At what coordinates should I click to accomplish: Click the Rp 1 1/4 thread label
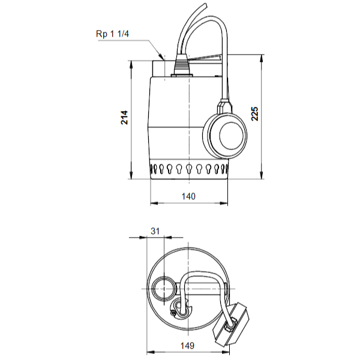pyautogui.click(x=113, y=34)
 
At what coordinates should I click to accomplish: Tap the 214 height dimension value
pyautogui.click(x=124, y=118)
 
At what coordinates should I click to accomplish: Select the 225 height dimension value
pyautogui.click(x=254, y=113)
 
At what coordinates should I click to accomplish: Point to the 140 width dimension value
pyautogui.click(x=188, y=197)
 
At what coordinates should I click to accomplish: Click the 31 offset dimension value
pyautogui.click(x=155, y=231)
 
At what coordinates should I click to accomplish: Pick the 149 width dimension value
pyautogui.click(x=187, y=346)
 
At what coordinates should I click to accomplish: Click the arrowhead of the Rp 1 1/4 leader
pyautogui.click(x=162, y=57)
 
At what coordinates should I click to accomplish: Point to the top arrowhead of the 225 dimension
pyautogui.click(x=262, y=59)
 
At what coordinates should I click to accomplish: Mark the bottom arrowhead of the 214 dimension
pyautogui.click(x=131, y=175)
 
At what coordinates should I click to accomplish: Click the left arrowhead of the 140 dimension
pyautogui.click(x=155, y=203)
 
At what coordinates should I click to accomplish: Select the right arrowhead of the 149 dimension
pyautogui.click(x=225, y=352)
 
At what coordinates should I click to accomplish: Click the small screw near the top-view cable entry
pyautogui.click(x=173, y=313)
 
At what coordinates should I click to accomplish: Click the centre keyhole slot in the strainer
pyautogui.click(x=189, y=169)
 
